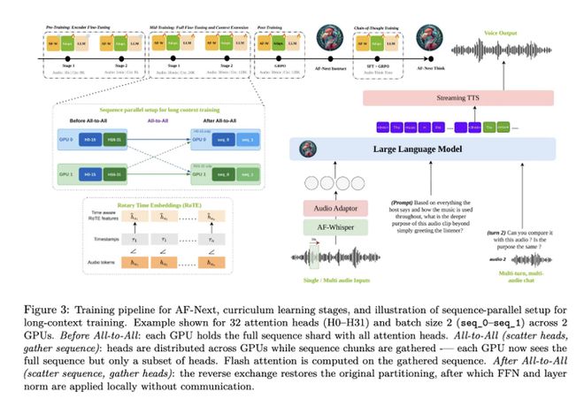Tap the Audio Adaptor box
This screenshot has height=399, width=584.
(335, 208)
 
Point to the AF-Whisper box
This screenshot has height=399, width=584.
(335, 228)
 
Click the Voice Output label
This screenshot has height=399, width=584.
(502, 33)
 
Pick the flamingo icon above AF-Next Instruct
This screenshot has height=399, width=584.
(330, 40)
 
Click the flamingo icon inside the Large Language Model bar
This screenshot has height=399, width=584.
(309, 148)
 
